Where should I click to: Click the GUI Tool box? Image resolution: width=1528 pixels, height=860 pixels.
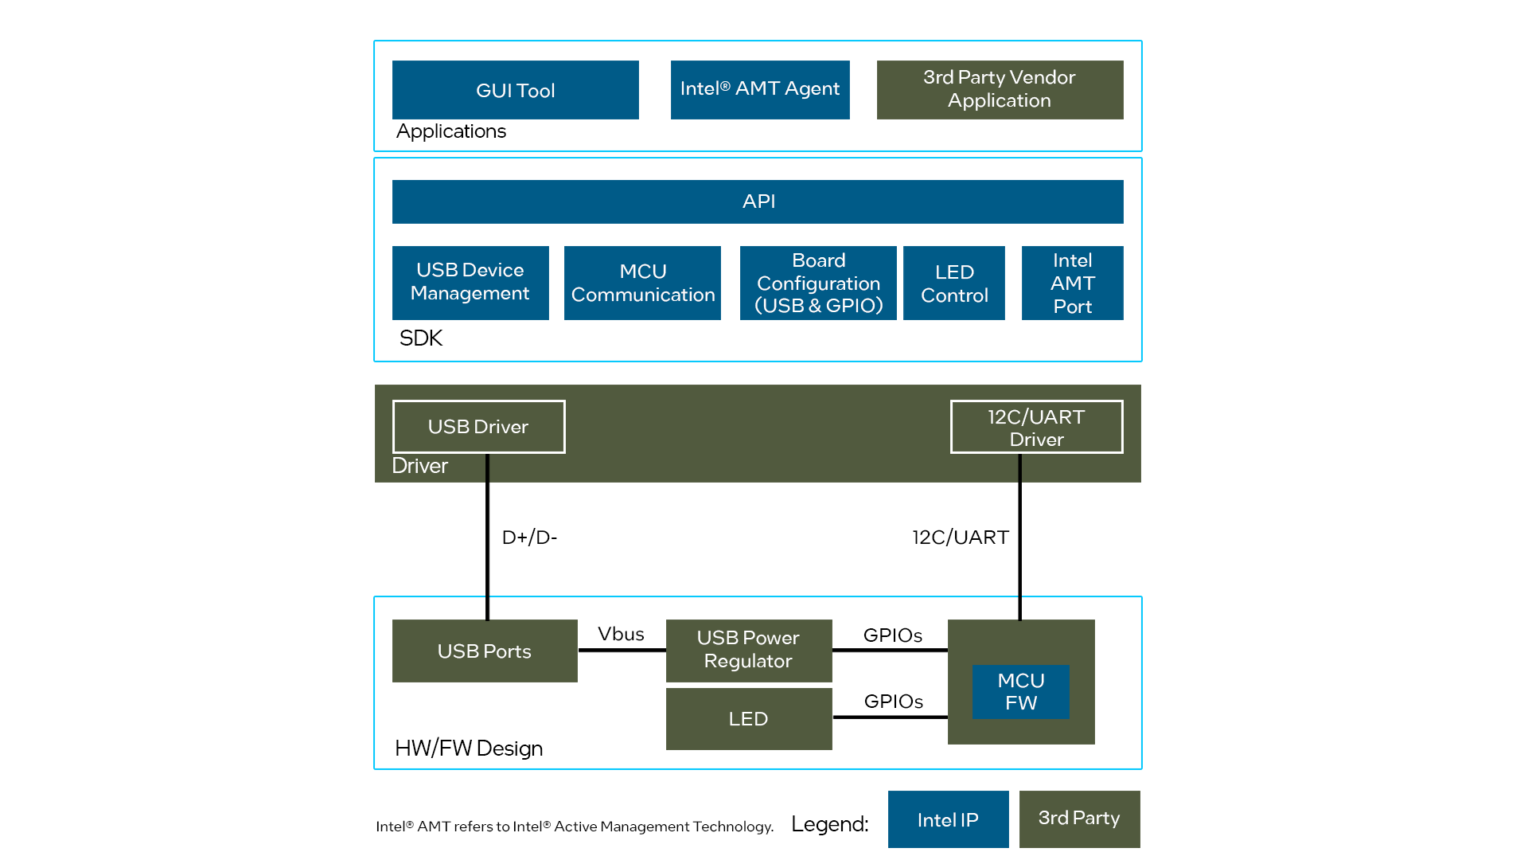click(515, 90)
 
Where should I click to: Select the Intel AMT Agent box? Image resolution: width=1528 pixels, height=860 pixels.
click(759, 89)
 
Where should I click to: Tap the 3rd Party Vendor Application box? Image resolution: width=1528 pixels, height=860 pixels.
click(1000, 89)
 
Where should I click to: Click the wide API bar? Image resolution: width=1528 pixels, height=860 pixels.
click(757, 201)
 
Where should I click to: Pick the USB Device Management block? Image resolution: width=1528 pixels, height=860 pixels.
click(470, 282)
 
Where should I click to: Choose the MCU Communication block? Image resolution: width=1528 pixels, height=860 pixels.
click(642, 283)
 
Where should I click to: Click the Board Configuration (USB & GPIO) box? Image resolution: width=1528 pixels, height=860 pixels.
click(817, 283)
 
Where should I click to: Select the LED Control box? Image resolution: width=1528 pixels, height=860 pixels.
click(953, 283)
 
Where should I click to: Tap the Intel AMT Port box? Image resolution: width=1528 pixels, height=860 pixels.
click(1072, 283)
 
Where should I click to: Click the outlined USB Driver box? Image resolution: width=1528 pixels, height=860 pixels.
click(478, 427)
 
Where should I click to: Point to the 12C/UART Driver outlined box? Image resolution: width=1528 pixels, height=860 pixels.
click(1036, 427)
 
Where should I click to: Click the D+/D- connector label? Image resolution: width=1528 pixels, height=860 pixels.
click(529, 537)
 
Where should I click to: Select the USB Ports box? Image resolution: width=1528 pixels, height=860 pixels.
click(484, 651)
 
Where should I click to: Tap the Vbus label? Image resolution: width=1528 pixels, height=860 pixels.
click(621, 634)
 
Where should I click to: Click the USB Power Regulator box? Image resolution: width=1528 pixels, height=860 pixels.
click(748, 650)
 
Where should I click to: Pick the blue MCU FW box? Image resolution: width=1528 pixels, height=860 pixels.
click(1020, 691)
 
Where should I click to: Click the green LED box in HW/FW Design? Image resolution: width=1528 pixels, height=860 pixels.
click(748, 718)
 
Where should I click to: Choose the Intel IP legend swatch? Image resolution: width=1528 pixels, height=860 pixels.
click(947, 819)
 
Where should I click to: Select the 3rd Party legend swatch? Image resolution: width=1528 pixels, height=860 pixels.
click(1078, 819)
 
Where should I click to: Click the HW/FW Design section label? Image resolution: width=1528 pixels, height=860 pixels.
click(468, 749)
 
